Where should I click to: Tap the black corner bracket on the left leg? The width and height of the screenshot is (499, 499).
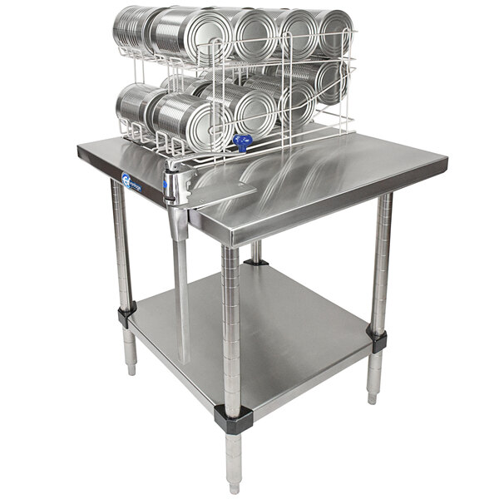[126, 314]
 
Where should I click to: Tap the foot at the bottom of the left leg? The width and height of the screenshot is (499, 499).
[130, 358]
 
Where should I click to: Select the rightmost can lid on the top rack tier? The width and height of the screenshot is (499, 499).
[333, 33]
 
